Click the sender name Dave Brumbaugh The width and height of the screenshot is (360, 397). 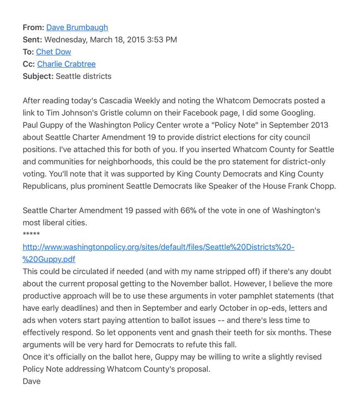pos(77,27)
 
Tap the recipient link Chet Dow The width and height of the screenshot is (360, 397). pos(53,52)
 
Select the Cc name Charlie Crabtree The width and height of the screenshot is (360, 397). pos(66,64)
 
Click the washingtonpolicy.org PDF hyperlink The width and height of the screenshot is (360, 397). pos(158,247)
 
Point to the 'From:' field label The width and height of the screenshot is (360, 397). pos(33,27)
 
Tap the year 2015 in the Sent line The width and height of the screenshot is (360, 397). pos(135,40)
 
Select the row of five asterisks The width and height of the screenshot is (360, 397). pos(31,234)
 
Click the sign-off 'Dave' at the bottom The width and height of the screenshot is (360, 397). pos(31,381)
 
